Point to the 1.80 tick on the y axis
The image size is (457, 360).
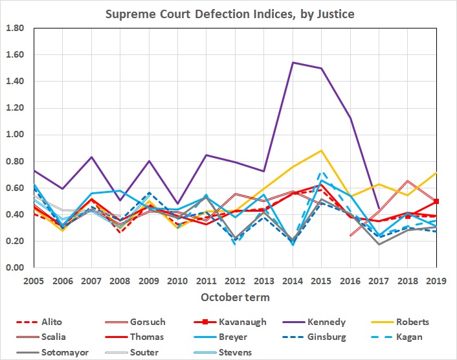(x=15, y=28)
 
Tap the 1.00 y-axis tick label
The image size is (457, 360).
(x=15, y=135)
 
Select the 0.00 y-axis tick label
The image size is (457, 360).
(x=15, y=267)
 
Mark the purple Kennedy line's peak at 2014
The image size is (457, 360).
(x=293, y=63)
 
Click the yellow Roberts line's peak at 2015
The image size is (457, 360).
(x=322, y=150)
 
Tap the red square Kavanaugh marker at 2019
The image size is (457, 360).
(x=438, y=201)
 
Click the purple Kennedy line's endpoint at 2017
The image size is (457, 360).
(x=379, y=208)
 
